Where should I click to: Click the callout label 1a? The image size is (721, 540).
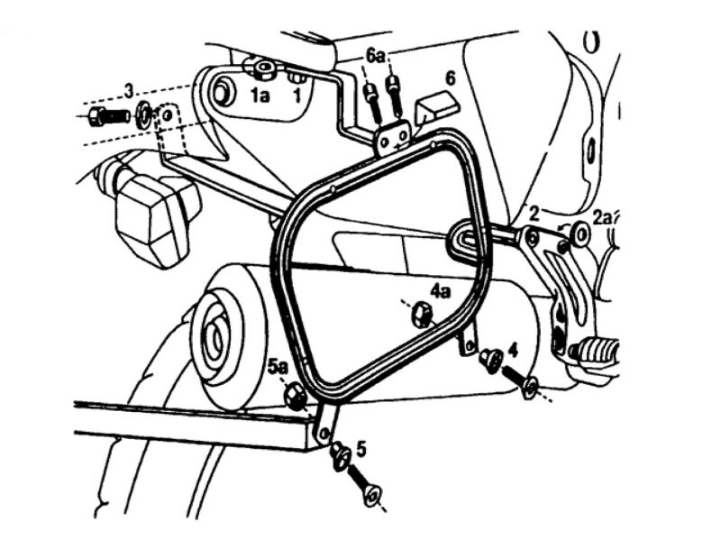click(260, 96)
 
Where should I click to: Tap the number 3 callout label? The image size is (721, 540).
click(130, 91)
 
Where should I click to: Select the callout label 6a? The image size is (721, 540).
click(376, 57)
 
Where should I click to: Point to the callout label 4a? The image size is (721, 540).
click(440, 290)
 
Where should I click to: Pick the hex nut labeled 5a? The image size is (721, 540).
click(295, 397)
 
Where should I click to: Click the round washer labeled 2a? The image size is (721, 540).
click(580, 233)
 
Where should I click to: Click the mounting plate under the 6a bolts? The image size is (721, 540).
click(393, 137)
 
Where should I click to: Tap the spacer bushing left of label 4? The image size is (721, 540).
click(488, 358)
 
